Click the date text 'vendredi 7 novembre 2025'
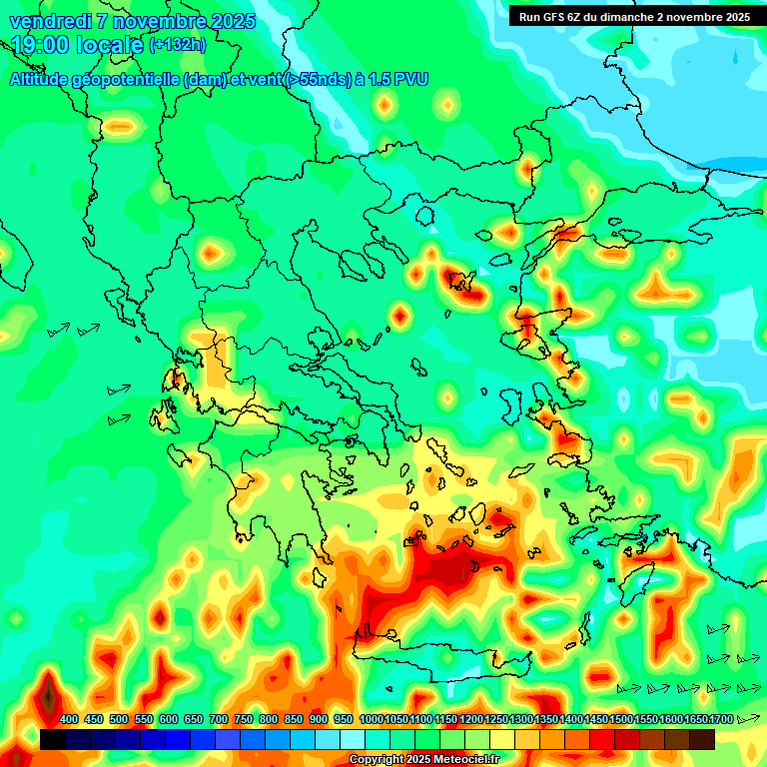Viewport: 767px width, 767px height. (132, 21)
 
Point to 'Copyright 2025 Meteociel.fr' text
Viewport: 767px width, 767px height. (423, 759)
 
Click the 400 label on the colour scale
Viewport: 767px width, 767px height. (69, 719)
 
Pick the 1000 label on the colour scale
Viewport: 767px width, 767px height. (371, 719)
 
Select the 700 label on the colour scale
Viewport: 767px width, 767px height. (219, 719)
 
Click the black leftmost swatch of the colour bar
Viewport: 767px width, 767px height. (53, 739)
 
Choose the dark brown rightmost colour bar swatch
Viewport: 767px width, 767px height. (702, 739)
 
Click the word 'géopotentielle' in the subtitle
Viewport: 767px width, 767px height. (128, 79)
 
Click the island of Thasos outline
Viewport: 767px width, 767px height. (424, 218)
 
